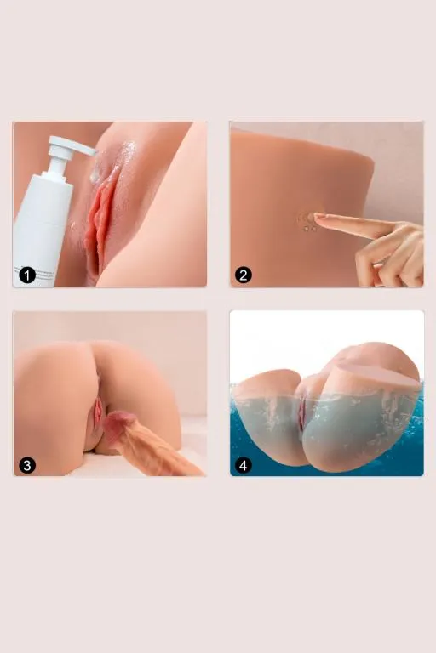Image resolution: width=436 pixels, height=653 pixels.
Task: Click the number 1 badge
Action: pos(27,275)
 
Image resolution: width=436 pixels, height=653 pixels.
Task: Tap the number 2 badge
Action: pos(244,275)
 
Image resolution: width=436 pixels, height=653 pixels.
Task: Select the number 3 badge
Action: pos(27,465)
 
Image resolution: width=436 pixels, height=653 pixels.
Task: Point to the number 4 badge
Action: pos(244,465)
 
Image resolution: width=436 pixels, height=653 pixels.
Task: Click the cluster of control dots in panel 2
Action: pos(306,223)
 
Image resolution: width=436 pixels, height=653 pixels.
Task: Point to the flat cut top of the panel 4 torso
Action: pos(376,373)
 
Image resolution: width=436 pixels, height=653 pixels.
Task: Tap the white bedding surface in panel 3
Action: pos(83,466)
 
